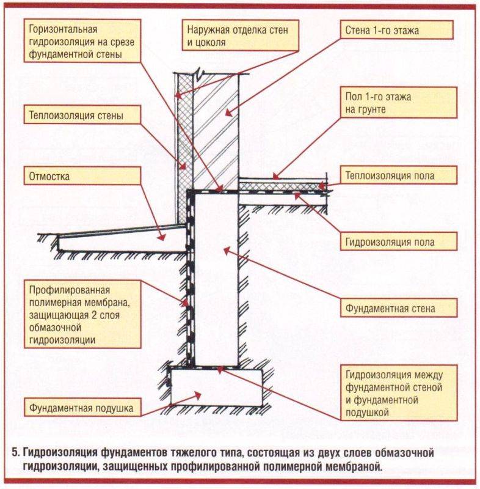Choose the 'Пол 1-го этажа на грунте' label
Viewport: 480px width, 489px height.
pos(399,102)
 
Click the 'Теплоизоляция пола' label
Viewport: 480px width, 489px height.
pos(399,176)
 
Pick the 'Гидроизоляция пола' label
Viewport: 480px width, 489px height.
pos(399,242)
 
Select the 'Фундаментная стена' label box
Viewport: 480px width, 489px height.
pos(399,308)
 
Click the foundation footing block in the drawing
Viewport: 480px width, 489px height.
pos(217,385)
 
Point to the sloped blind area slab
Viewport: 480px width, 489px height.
pos(122,238)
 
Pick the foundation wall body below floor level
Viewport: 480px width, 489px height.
pos(217,275)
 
